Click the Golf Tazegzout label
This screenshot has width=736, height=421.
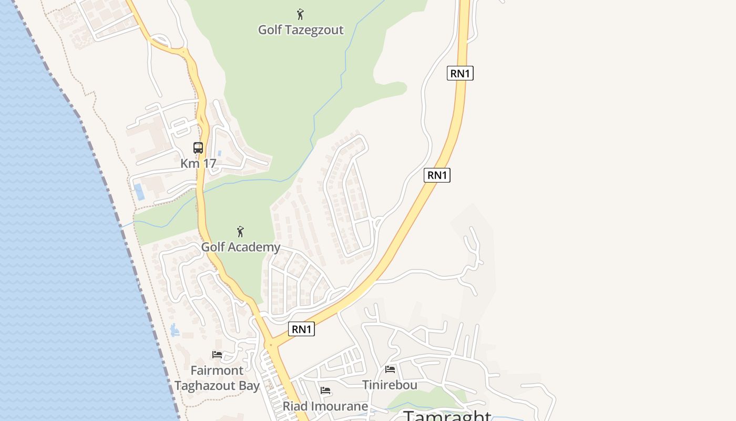click(x=300, y=30)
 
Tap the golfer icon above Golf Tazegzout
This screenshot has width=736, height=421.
click(x=300, y=14)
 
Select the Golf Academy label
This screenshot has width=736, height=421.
click(x=241, y=247)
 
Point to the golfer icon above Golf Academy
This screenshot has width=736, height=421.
click(x=240, y=232)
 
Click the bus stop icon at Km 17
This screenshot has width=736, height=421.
click(x=198, y=148)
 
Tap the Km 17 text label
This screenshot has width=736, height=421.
click(x=198, y=163)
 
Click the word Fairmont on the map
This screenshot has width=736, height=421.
click(x=217, y=370)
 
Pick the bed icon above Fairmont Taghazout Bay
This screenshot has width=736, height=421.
click(x=217, y=355)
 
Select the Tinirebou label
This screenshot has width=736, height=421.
click(x=390, y=385)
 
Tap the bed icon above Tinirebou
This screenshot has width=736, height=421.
click(x=390, y=369)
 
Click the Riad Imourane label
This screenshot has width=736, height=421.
click(x=325, y=406)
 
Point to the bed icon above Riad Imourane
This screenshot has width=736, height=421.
click(x=325, y=390)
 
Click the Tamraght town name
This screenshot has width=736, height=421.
click(x=447, y=416)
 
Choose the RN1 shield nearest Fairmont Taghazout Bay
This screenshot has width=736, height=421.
click(x=302, y=329)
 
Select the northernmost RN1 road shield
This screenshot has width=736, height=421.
click(x=460, y=74)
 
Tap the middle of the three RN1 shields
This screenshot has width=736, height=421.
click(x=437, y=175)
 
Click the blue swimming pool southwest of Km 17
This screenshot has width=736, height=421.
click(x=139, y=192)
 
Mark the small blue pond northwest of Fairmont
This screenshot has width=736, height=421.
click(x=175, y=330)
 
